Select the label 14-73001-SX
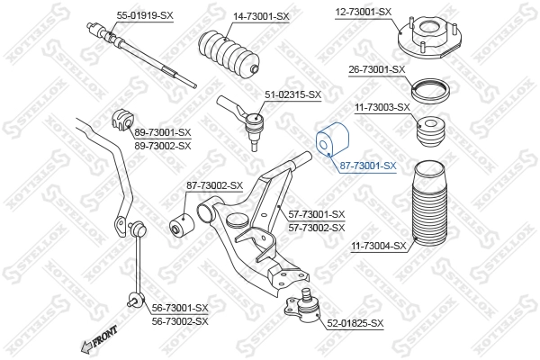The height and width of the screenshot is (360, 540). (261, 16)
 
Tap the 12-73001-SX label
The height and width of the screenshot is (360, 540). (364, 12)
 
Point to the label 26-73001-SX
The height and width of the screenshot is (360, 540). (375, 69)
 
